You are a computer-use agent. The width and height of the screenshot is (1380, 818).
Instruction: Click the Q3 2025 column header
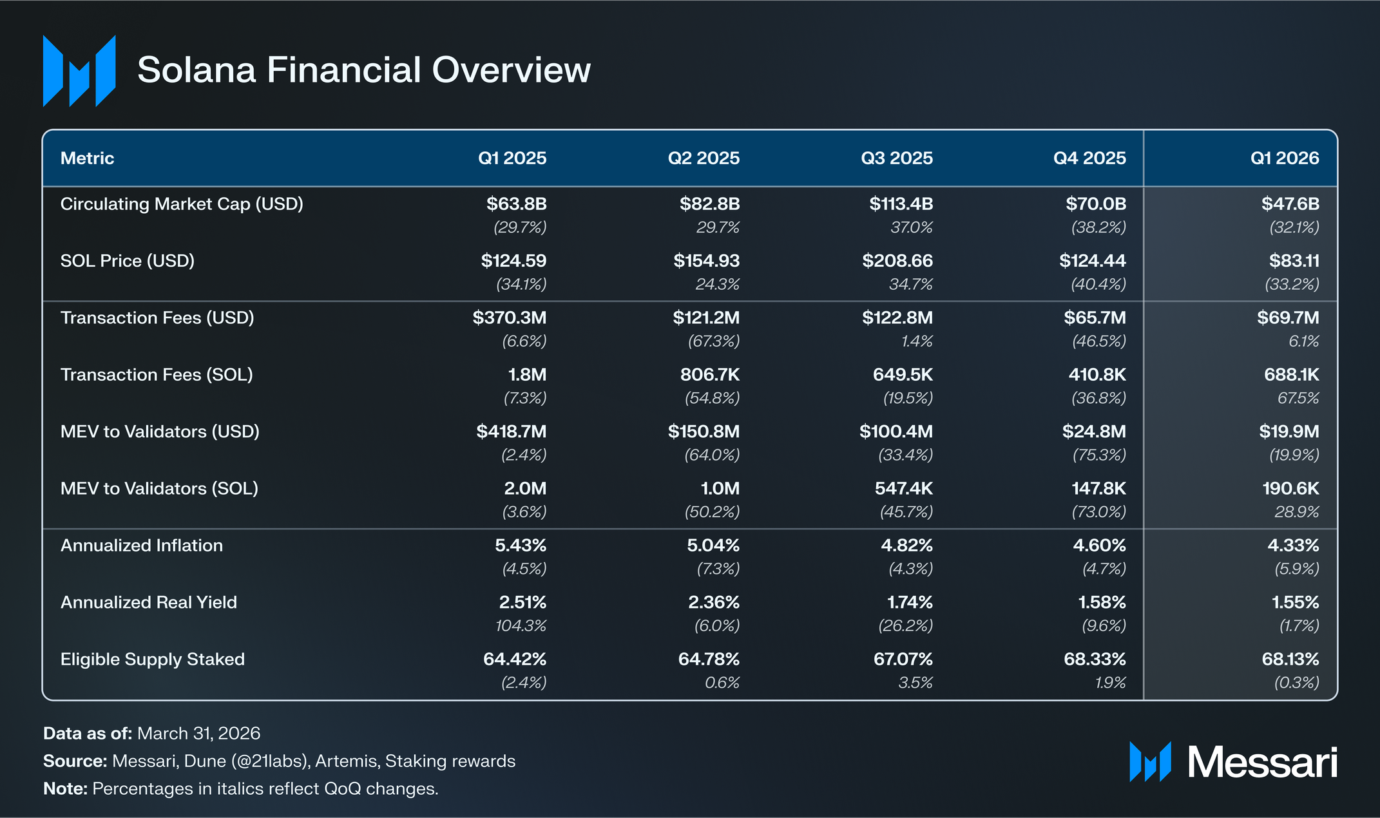tap(897, 158)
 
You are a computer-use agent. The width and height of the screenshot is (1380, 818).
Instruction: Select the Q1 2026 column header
tap(1285, 158)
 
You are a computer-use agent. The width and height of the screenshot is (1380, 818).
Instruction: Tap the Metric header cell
tap(87, 158)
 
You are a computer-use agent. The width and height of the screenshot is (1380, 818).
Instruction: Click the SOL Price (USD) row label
tap(128, 261)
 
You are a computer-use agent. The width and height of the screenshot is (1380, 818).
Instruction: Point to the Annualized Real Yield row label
tap(149, 602)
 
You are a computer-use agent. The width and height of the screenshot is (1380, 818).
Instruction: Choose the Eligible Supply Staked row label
tap(153, 660)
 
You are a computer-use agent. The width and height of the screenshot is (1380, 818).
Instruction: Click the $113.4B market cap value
tap(901, 204)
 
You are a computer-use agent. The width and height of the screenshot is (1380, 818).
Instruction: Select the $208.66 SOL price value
tap(897, 261)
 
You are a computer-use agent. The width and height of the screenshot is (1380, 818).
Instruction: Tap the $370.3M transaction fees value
tap(510, 318)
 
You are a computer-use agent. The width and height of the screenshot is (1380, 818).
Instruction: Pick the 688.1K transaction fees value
tap(1292, 375)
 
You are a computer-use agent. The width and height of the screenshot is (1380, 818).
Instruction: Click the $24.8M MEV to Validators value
tap(1094, 432)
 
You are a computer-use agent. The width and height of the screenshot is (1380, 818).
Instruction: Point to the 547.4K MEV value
tap(904, 488)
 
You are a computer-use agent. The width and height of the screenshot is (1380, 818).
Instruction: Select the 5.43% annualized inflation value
tap(521, 546)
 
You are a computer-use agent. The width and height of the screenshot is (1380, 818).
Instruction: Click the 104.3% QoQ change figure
tap(521, 625)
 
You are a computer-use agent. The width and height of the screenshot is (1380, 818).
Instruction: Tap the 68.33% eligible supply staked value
tap(1095, 660)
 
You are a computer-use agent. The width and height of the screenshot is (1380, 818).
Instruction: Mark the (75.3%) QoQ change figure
tap(1099, 455)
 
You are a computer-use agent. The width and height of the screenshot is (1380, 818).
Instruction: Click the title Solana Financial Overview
tap(364, 70)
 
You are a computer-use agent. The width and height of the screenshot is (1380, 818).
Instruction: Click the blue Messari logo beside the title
tap(79, 71)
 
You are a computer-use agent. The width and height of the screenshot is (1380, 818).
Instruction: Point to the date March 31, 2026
tap(199, 734)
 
